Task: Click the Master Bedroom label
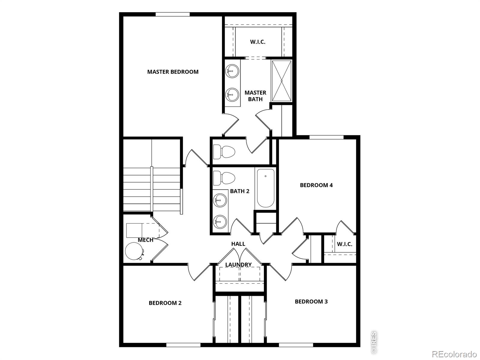(x=172, y=72)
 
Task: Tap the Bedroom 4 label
(x=316, y=185)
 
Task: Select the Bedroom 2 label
(x=165, y=303)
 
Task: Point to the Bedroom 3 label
(x=311, y=301)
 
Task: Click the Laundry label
(x=238, y=265)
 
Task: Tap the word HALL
(x=238, y=244)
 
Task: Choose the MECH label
(x=145, y=240)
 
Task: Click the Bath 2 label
(x=240, y=191)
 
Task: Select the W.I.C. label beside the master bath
(x=258, y=42)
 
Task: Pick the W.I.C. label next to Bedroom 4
(x=344, y=244)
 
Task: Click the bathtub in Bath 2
(x=265, y=188)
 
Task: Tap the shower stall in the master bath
(x=281, y=81)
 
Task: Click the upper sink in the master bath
(x=232, y=71)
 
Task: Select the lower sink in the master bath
(x=232, y=94)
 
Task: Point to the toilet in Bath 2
(x=224, y=178)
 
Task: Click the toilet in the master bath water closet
(x=224, y=152)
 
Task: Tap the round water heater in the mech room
(x=133, y=251)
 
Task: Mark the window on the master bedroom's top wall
(x=172, y=14)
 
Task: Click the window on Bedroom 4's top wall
(x=326, y=137)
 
